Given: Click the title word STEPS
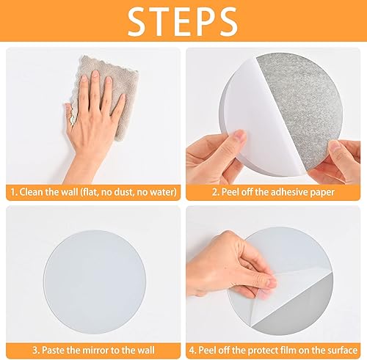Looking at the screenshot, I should point(183,21).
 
